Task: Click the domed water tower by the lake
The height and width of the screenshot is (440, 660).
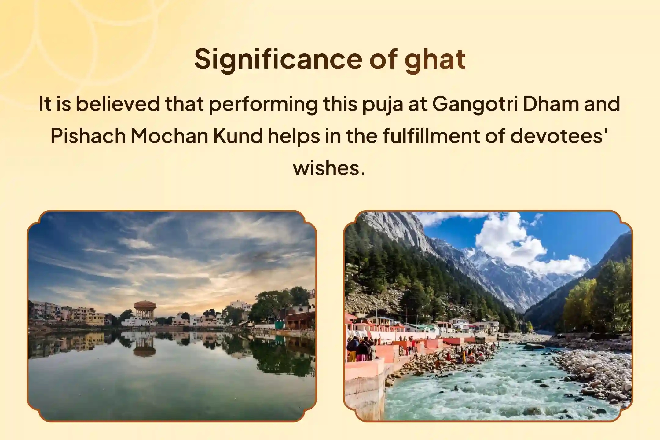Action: tap(145, 309)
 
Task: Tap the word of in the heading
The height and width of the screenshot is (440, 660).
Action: tap(383, 60)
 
